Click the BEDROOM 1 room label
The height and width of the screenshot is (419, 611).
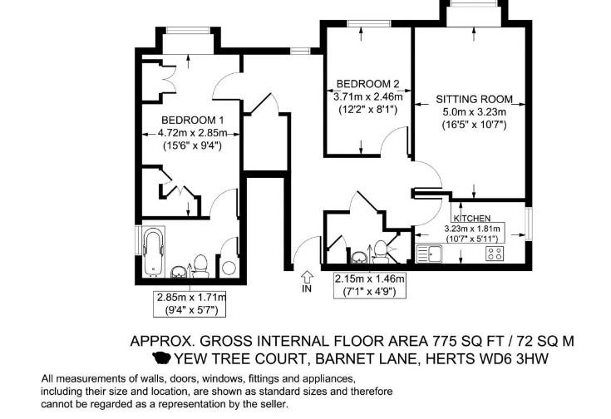(x=193, y=120)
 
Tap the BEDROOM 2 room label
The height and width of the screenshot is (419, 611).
(x=367, y=84)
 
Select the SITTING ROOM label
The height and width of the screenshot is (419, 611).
(x=474, y=100)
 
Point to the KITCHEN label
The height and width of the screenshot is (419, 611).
(x=472, y=219)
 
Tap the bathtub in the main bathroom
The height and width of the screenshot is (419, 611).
(x=153, y=251)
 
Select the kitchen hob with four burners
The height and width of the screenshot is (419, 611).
(x=495, y=254)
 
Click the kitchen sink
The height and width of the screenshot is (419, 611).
(x=430, y=254)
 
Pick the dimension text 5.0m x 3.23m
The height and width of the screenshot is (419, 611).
(x=474, y=112)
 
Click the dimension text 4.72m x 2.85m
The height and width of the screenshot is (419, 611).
(x=192, y=133)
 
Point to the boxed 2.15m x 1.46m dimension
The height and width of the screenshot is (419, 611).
(x=370, y=285)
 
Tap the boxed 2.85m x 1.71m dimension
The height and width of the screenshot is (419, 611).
(x=190, y=304)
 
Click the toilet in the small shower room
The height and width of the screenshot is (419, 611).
(x=380, y=250)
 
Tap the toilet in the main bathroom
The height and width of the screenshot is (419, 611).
(x=200, y=266)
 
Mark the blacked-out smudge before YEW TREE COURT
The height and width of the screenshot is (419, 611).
(x=161, y=357)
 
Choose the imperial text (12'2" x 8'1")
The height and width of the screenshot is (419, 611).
(x=367, y=110)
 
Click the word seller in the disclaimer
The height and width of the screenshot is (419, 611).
(x=274, y=404)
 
